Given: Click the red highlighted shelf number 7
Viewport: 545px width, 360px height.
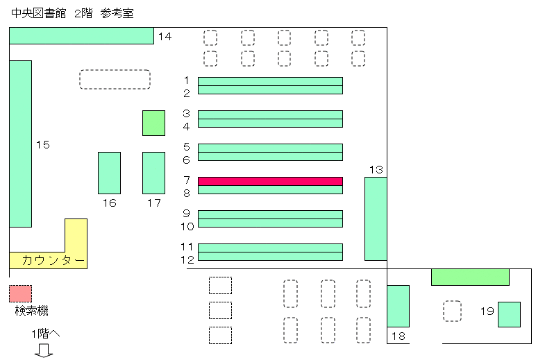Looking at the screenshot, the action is coord(270,181).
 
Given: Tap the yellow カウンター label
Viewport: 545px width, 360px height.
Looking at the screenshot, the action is coord(53,260).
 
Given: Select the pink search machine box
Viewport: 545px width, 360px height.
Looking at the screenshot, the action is coord(21,293).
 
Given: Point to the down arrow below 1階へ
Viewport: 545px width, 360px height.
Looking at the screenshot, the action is coord(44,350).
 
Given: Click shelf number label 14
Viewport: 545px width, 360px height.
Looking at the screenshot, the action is coord(165,37).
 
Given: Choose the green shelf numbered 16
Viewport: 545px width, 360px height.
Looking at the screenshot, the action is coord(109,173).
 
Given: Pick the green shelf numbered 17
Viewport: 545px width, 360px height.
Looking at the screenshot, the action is coord(153,173).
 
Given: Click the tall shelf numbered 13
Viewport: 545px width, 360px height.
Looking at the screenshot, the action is coord(376,218).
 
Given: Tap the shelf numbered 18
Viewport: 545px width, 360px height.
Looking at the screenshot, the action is coord(398,306).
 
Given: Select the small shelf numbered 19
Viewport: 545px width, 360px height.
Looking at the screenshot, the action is coord(509,314).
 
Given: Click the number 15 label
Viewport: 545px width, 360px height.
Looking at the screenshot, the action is coord(43,145).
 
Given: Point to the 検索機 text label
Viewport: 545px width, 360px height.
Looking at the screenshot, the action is coord(32,311).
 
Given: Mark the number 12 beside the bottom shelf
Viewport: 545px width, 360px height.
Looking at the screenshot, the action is coord(187,259).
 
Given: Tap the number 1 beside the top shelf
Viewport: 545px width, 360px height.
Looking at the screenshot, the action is coord(187,80).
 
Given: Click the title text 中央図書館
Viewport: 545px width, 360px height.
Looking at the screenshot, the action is coord(39,13).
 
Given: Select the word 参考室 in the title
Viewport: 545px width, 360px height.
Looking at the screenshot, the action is coord(117,13).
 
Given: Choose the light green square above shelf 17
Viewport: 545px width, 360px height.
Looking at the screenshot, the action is coord(153,123).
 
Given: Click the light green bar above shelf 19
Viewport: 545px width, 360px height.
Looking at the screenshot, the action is coord(470,277).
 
